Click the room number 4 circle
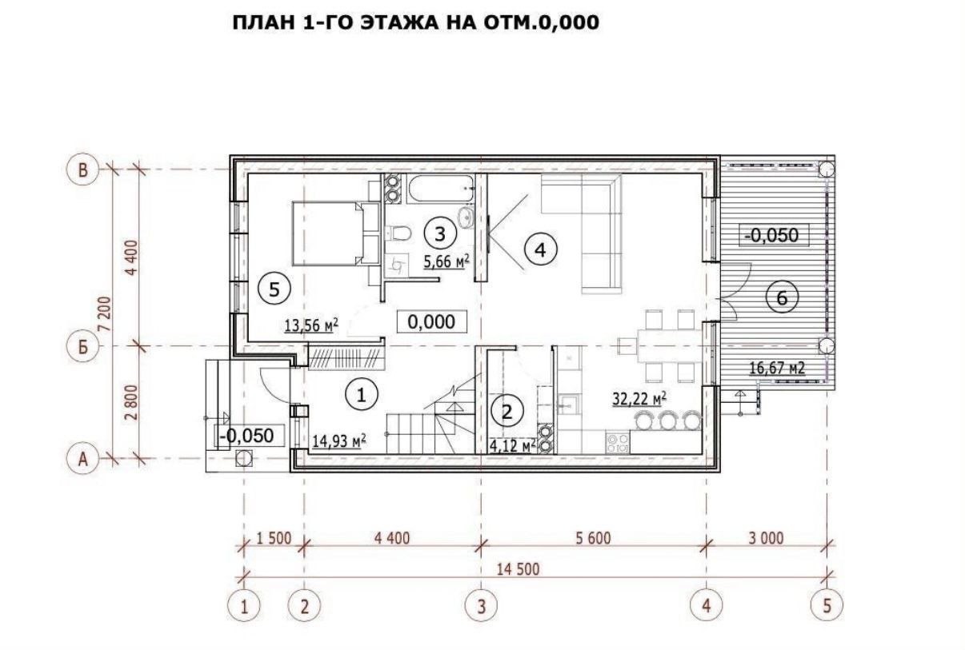(541, 249)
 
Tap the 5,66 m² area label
(446, 261)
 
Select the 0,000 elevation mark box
(431, 321)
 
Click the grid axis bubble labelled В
(82, 169)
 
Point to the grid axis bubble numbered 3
(481, 607)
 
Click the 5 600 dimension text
(593, 538)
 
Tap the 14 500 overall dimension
(518, 569)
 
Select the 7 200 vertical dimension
(106, 313)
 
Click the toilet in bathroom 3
(398, 233)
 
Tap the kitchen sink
(569, 404)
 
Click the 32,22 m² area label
(639, 399)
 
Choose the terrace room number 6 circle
(782, 297)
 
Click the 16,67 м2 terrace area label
(777, 368)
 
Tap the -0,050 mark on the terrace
(773, 235)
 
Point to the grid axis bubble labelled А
(82, 459)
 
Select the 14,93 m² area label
(339, 441)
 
